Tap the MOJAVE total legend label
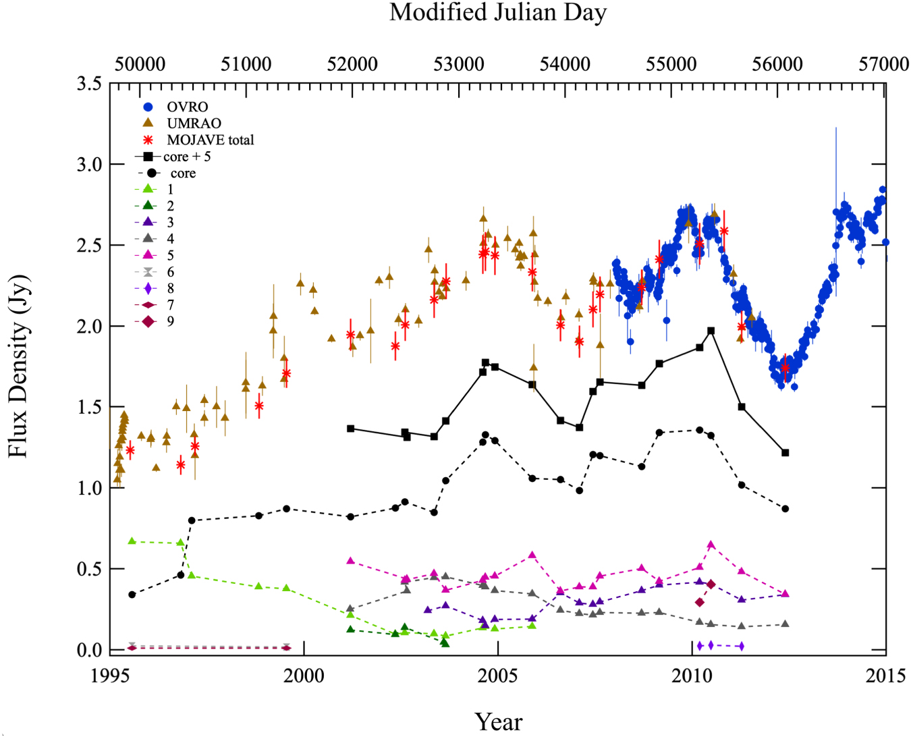pyautogui.click(x=210, y=140)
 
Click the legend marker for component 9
pyautogui.click(x=148, y=321)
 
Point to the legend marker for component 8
pyautogui.click(x=148, y=288)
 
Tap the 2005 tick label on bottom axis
pyautogui.click(x=498, y=676)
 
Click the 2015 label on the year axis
pyautogui.click(x=885, y=676)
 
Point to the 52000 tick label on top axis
pyautogui.click(x=352, y=64)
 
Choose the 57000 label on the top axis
pyautogui.click(x=883, y=64)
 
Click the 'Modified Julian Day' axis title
pyautogui.click(x=498, y=13)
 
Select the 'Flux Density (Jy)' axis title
pyautogui.click(x=18, y=366)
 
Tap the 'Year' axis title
pyautogui.click(x=498, y=721)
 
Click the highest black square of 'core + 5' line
pyautogui.click(x=711, y=331)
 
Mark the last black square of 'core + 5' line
pyautogui.click(x=785, y=453)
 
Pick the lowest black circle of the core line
pyautogui.click(x=132, y=595)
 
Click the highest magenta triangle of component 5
pyautogui.click(x=711, y=545)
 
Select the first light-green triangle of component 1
pyautogui.click(x=132, y=541)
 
